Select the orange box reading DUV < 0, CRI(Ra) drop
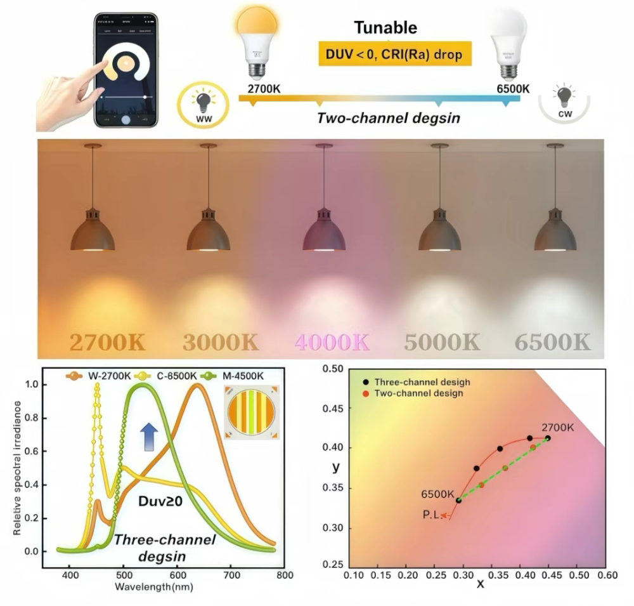(x=394, y=55)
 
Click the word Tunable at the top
(x=385, y=27)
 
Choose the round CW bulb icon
(x=564, y=103)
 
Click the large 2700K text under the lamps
(x=107, y=342)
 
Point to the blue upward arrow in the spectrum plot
(x=148, y=437)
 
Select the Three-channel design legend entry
(x=417, y=383)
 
